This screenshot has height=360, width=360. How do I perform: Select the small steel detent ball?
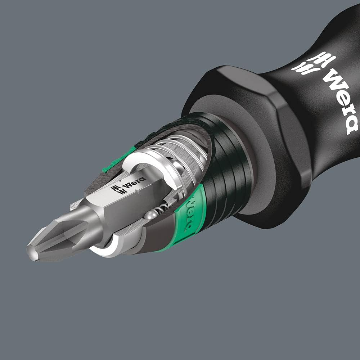click(x=150, y=216)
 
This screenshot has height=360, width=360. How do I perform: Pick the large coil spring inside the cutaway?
click(x=180, y=151)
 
